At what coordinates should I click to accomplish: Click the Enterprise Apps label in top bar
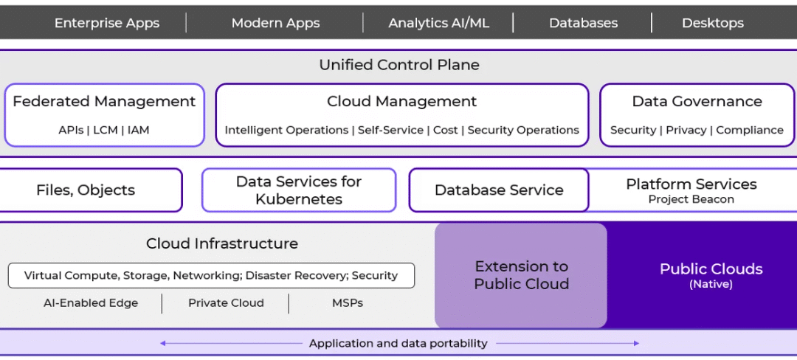pos(107,23)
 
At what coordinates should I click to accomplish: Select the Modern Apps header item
pos(275,23)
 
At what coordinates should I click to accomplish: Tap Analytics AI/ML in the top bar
pos(438,23)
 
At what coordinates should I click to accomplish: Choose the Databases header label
pos(583,23)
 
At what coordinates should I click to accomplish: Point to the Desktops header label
pos(712,23)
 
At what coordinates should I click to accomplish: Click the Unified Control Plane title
pos(398,65)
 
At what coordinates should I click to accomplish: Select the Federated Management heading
pos(104,102)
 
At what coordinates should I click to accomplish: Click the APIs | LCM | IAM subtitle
pos(104,130)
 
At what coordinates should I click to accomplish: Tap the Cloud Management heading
pos(401,102)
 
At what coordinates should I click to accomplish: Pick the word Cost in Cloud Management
pos(445,130)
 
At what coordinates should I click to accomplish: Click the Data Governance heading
pos(697,102)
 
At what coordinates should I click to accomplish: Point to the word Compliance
pos(749,130)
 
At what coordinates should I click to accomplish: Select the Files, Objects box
pos(86,190)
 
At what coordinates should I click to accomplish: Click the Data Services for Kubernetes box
pos(299,190)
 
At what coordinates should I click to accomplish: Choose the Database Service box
pos(499,190)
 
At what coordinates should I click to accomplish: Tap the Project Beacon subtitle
pos(691,199)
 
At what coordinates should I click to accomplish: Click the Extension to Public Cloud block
pos(521,275)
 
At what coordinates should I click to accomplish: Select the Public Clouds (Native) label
pos(711,274)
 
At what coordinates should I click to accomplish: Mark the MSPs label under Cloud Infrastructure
pos(347,303)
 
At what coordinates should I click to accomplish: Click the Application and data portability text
pos(398,343)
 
